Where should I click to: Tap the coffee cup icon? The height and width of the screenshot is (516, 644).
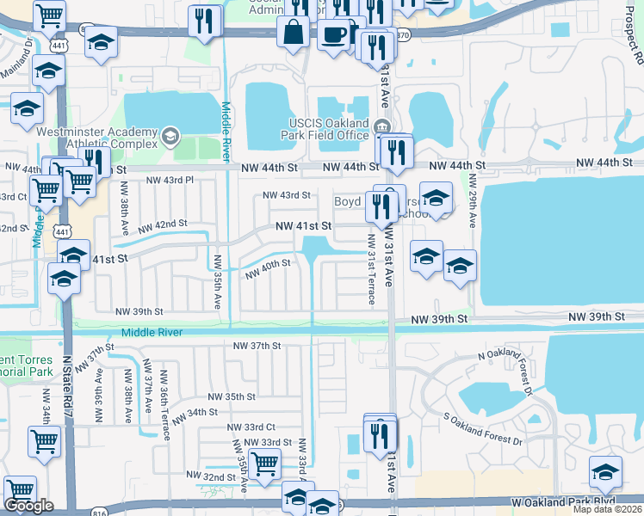[333, 35]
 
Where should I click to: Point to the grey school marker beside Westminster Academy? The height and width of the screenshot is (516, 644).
[170, 134]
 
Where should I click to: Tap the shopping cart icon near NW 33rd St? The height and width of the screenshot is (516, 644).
[264, 464]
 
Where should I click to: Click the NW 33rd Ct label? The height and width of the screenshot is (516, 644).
[251, 427]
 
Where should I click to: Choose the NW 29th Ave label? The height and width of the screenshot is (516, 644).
[472, 200]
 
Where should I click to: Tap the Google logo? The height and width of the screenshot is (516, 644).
[28, 506]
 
